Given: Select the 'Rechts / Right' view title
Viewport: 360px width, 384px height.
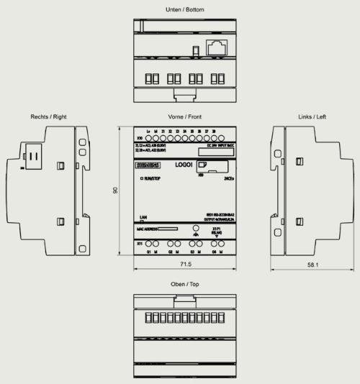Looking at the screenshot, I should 48,116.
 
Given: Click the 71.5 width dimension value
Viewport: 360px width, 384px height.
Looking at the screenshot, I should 185,265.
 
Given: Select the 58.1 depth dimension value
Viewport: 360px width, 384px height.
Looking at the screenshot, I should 312,265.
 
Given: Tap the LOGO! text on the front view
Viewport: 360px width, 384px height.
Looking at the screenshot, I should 181,165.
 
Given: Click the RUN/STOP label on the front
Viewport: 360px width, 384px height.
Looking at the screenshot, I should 153,177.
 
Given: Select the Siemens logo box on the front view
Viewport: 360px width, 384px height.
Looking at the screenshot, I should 146,167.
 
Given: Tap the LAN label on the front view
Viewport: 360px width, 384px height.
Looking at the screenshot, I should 143,216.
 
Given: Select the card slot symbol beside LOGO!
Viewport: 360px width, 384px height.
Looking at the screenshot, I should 204,165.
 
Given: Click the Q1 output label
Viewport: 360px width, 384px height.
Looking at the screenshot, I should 149,252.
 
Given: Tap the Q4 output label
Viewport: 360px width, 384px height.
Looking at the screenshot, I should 214,252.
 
